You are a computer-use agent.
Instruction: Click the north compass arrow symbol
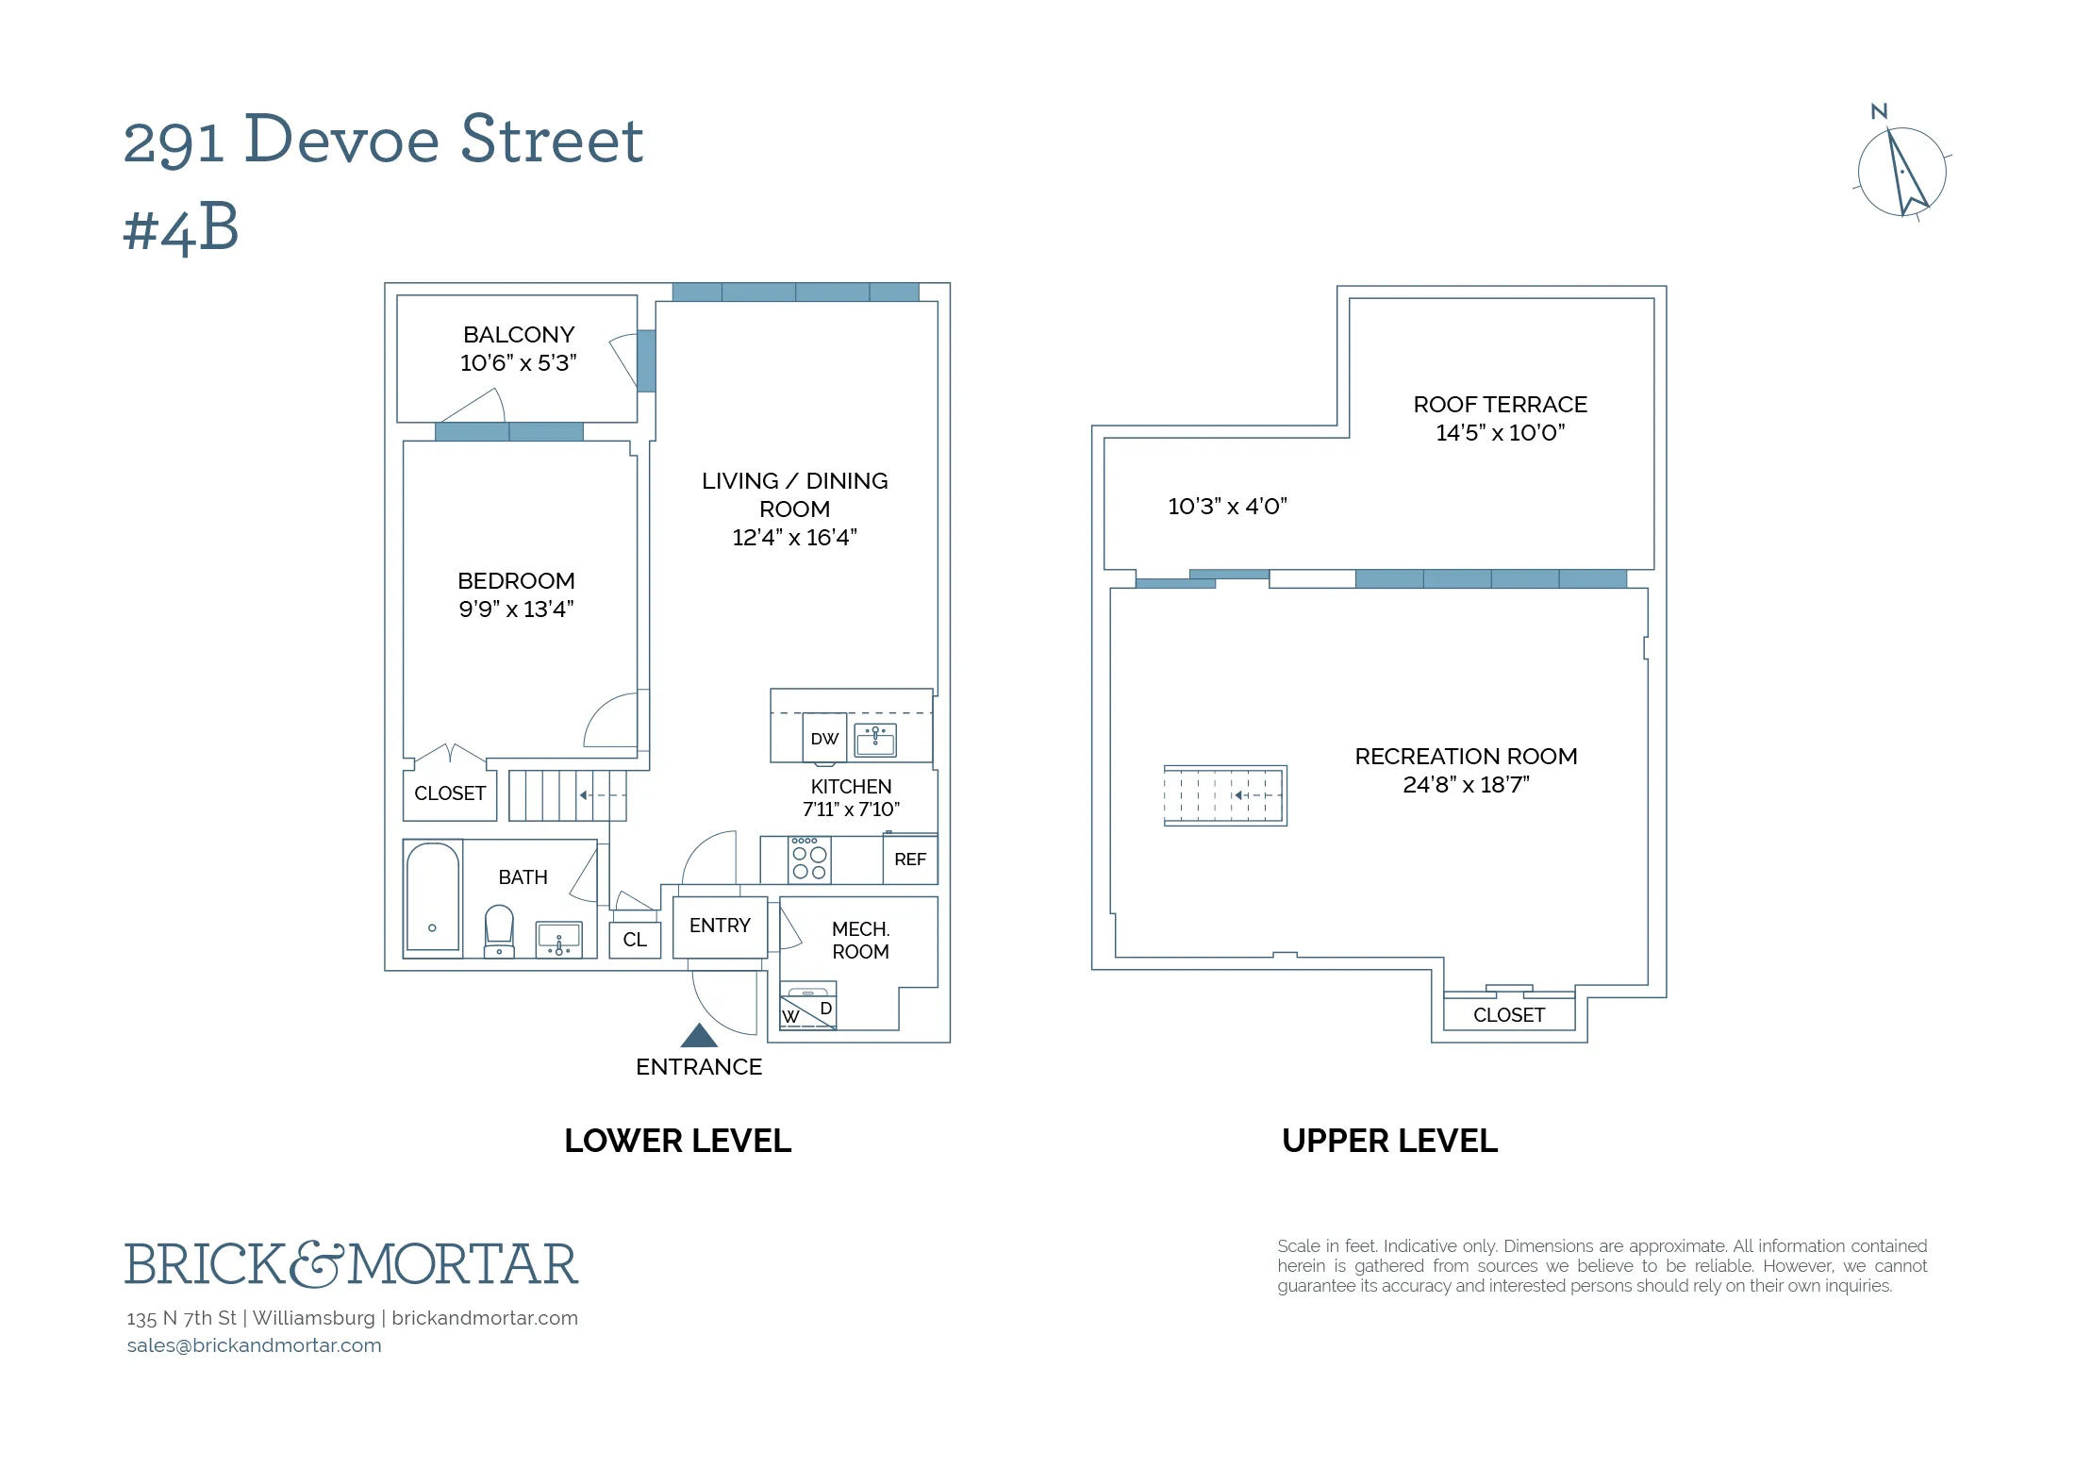1903,173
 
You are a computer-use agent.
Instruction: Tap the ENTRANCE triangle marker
699,1036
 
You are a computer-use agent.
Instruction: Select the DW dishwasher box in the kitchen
824,739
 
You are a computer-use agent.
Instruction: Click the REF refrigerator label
910,860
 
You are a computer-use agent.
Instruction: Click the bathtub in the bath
433,897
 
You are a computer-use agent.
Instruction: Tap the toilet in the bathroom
499,929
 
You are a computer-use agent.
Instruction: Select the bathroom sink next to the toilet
559,939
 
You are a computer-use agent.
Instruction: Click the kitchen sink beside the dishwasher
875,740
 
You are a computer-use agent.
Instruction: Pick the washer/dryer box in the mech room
808,1007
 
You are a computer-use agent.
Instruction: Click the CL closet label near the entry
635,940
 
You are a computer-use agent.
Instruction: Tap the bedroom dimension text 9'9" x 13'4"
516,609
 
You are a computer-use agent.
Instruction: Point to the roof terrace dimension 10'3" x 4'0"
1227,507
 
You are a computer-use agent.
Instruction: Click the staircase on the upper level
1224,795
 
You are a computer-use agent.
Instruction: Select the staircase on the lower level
567,795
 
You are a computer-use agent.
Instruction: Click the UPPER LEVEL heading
1389,1141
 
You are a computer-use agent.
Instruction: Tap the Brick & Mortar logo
351,1264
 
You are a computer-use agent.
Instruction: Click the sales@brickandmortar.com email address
255,1345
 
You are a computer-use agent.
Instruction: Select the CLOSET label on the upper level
1508,1015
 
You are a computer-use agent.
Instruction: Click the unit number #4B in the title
181,229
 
